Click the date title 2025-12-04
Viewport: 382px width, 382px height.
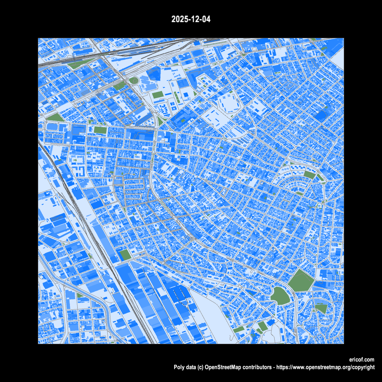point(191,19)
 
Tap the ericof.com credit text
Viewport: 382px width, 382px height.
point(361,360)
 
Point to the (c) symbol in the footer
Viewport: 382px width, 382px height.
point(201,367)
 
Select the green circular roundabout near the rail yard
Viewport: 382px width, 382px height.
point(134,81)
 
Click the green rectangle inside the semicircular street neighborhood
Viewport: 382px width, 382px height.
point(309,175)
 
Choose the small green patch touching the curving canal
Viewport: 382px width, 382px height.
point(80,295)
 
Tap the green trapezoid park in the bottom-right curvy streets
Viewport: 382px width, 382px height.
point(321,308)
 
